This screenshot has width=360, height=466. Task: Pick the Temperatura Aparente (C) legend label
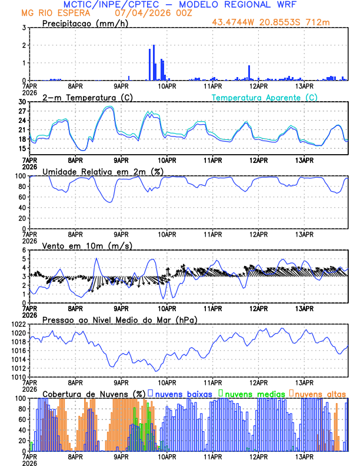click(264, 97)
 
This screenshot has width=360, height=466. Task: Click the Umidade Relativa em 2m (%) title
click(103, 171)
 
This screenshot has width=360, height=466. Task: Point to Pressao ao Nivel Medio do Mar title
click(119, 319)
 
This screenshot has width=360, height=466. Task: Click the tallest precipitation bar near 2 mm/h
click(154, 62)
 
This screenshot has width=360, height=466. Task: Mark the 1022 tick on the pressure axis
click(19, 324)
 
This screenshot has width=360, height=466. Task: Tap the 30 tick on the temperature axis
click(22, 102)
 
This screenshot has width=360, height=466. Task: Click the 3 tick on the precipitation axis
click(24, 28)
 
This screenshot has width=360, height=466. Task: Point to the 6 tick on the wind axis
click(24, 250)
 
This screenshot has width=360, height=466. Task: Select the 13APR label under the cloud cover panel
click(304, 456)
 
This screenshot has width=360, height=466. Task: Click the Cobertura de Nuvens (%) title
click(94, 394)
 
